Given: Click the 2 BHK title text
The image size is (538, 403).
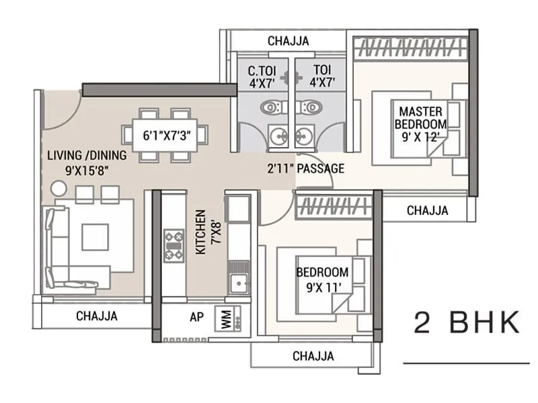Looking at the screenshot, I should (467, 323).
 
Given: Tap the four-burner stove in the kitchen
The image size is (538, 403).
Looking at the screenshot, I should (174, 246).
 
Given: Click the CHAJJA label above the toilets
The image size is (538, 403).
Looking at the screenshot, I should (288, 41).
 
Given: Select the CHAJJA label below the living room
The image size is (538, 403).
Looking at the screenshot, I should (96, 315).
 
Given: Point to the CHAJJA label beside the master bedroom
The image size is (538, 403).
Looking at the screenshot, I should (427, 210).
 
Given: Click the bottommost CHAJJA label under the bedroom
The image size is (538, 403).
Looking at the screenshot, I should (313, 356).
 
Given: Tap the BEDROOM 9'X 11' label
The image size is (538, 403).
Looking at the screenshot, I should (323, 279).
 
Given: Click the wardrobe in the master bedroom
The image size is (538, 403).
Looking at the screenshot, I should (410, 48).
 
